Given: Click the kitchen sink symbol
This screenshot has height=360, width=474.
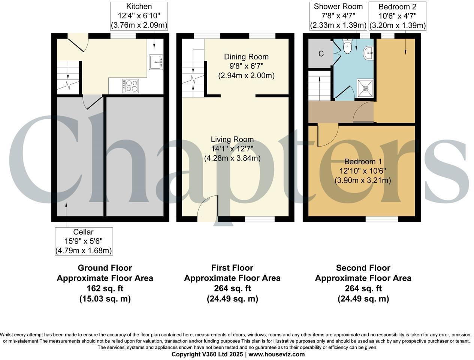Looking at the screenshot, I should [156, 62].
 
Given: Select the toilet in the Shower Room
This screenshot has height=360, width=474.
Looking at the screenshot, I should [347, 46].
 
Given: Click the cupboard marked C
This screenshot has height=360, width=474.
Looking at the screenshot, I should [321, 54].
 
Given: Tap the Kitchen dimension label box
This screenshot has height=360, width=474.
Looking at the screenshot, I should [139, 16].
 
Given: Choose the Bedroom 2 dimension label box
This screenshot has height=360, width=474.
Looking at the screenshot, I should [397, 16].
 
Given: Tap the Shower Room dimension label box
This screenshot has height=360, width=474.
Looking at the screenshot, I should [338, 16].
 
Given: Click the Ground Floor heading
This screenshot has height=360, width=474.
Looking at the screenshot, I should [105, 268].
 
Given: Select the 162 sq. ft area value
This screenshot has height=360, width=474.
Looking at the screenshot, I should [105, 288].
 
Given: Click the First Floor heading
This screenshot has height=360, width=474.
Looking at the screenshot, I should [232, 268].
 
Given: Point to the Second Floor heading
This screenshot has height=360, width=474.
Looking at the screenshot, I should [363, 268].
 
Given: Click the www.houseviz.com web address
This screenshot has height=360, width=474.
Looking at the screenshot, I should [277, 354].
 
